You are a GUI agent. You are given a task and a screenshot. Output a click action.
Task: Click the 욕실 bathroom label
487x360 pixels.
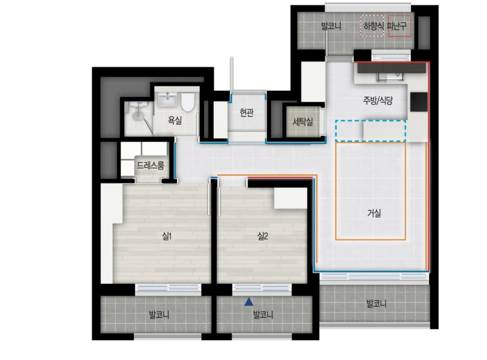[x=175, y=120]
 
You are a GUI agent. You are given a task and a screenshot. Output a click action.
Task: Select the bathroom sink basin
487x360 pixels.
[x=167, y=100]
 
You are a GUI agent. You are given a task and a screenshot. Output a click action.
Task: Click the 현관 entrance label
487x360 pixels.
[x=247, y=112]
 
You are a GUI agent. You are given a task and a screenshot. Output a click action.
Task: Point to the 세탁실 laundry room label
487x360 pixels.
[x=303, y=122]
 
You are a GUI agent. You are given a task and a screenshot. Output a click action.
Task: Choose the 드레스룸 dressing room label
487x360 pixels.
[x=150, y=166]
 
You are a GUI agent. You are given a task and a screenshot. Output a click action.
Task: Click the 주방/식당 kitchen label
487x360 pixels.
[x=378, y=100]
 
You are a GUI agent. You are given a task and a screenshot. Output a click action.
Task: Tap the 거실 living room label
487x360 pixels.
[x=374, y=213]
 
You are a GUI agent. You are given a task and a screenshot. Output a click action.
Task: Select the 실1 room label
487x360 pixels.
[x=167, y=236]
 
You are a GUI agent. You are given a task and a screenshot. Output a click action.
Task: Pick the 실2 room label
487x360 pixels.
[x=263, y=236]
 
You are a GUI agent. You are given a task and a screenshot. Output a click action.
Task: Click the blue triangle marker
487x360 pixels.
[x=249, y=302]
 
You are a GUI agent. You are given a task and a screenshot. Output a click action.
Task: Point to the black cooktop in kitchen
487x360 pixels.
[x=419, y=102]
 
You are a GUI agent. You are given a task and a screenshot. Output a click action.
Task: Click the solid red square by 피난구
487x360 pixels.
[x=400, y=26]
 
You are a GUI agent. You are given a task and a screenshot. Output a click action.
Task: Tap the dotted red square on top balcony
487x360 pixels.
[x=372, y=26]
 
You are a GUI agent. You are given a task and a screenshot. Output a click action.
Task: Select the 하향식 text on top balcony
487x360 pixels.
[x=374, y=26]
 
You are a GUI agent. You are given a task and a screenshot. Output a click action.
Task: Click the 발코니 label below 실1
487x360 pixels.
[x=159, y=315]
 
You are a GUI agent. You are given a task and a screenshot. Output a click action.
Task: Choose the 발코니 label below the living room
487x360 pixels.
[x=376, y=304]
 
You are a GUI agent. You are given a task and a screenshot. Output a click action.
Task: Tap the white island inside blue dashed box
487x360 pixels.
[x=384, y=131]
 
